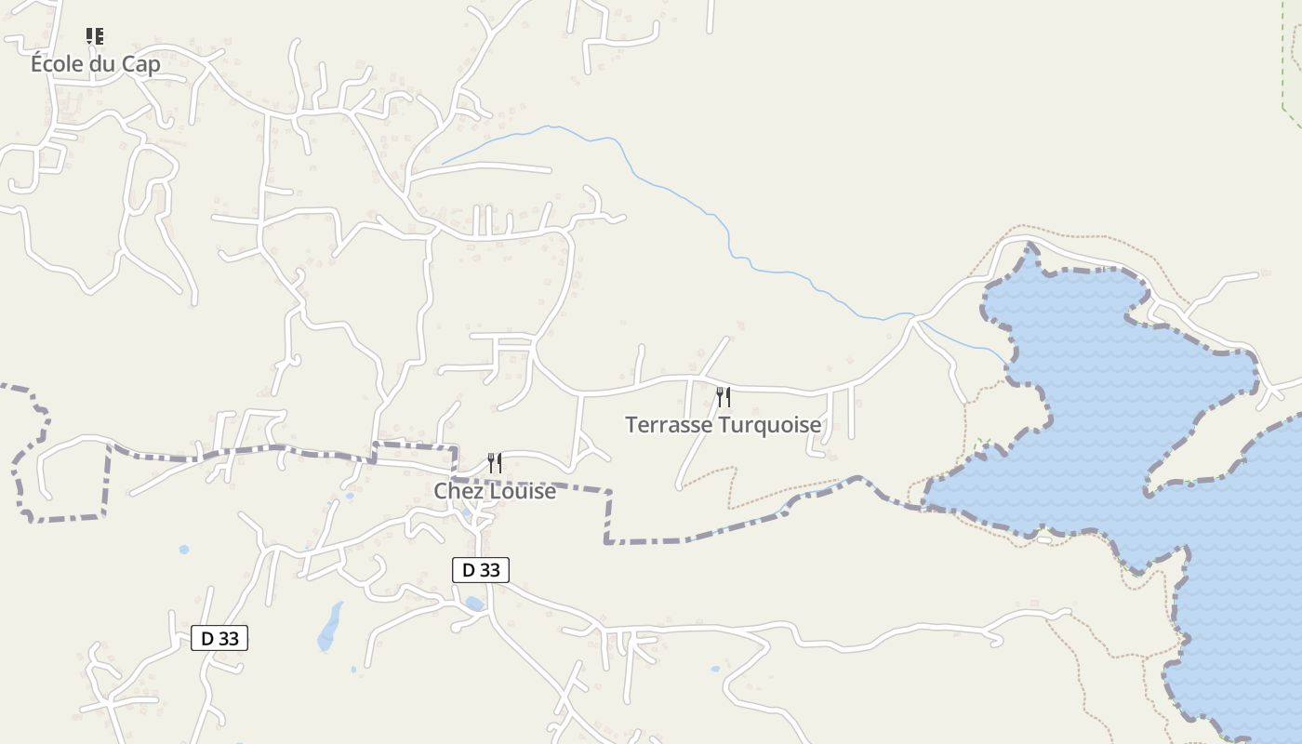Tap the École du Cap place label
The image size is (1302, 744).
click(x=95, y=64)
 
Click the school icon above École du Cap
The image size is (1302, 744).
click(x=95, y=36)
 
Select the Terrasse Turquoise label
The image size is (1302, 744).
click(x=723, y=425)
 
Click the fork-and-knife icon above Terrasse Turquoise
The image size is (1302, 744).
click(x=723, y=397)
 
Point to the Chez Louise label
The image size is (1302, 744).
click(x=495, y=491)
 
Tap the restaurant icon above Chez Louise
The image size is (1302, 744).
click(x=495, y=462)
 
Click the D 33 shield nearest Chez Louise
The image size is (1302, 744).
click(x=481, y=570)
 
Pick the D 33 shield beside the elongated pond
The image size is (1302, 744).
click(x=219, y=638)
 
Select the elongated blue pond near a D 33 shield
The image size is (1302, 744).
click(x=329, y=627)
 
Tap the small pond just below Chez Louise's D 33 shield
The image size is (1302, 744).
click(x=474, y=604)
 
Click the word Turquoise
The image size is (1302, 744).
click(x=776, y=425)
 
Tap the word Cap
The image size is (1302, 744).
click(x=141, y=64)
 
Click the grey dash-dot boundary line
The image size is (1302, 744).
click(x=651, y=539)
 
